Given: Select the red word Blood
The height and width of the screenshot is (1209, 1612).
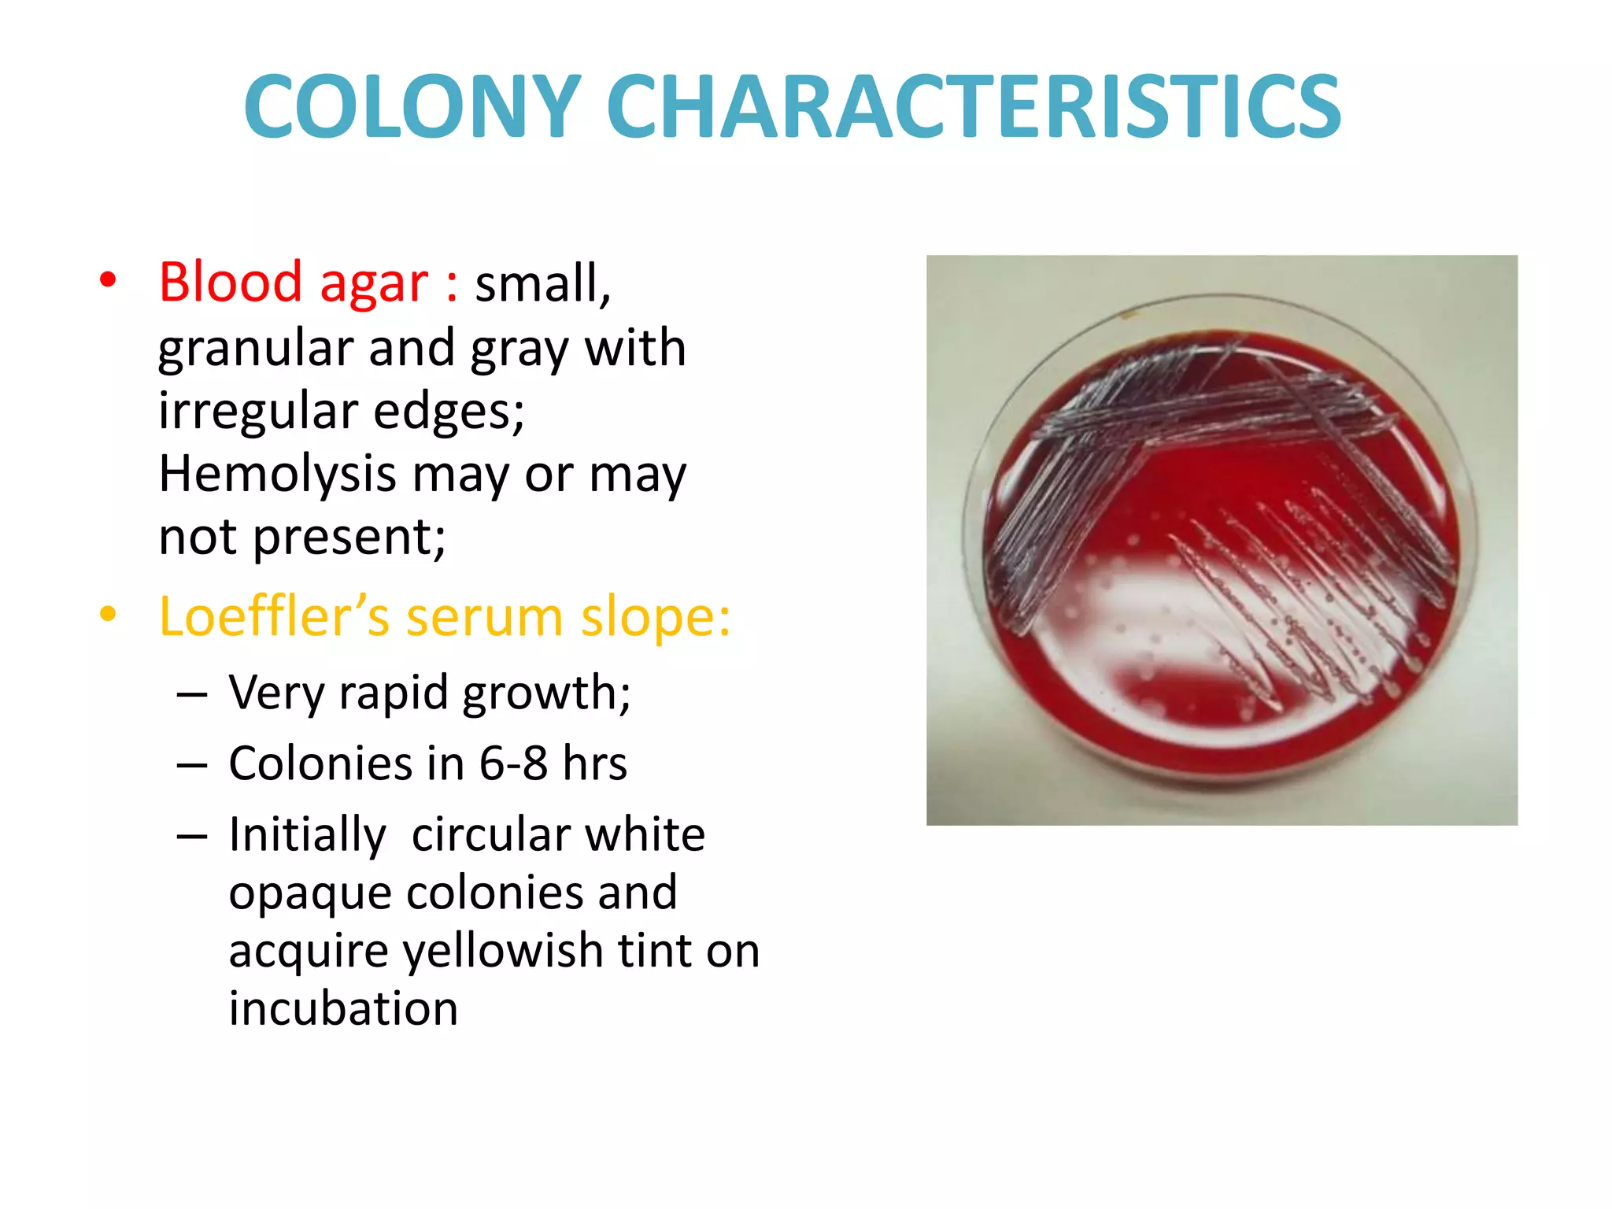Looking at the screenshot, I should point(230,282).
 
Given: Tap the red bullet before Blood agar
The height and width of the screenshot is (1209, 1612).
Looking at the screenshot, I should point(108,279).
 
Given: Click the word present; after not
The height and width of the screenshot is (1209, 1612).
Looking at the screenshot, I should point(349,538).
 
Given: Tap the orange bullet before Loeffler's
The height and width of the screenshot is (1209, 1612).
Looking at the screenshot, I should point(108,614).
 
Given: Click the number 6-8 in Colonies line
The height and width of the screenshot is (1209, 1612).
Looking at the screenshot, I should point(513,763).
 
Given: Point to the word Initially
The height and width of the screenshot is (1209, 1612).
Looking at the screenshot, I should point(307,834).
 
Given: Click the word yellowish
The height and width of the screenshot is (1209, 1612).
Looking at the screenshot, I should point(502,951).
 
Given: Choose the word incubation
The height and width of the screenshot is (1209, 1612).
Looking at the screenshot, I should point(343,1009).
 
